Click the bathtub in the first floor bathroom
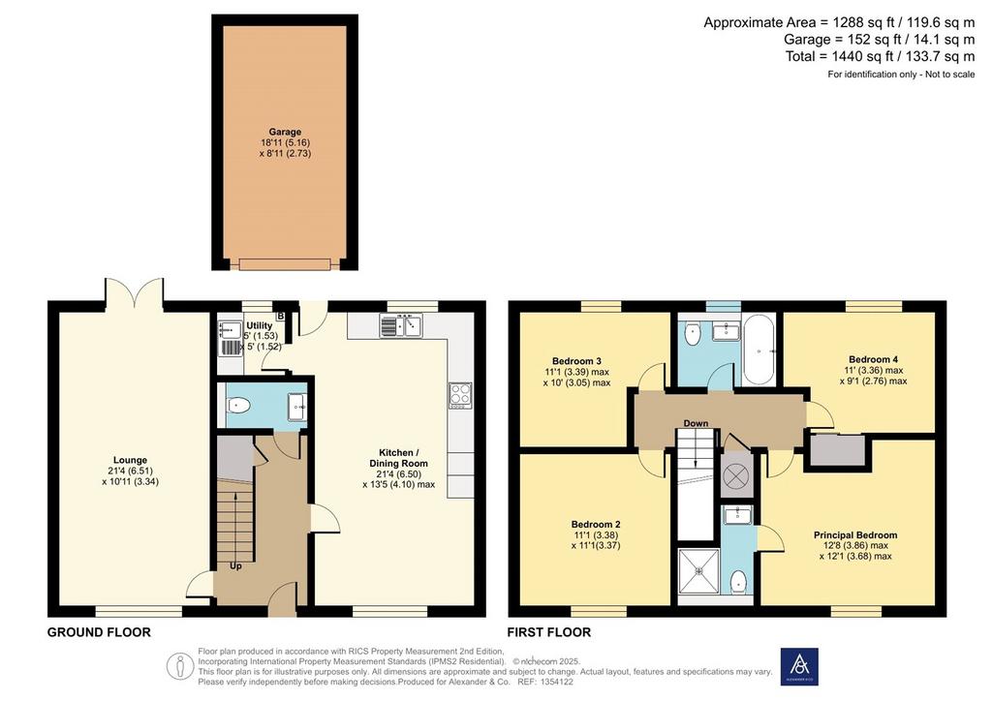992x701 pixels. pos(759,350)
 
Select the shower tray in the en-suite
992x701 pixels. pos(699,571)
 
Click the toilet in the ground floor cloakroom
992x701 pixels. pos(236,405)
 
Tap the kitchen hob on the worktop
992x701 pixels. pos(460,395)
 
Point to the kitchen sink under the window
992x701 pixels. pos(401,326)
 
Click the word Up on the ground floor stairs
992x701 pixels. pos(235,566)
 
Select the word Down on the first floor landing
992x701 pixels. pos(696,423)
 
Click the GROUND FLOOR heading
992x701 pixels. pos(100,632)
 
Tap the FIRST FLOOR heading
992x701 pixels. pos(549,632)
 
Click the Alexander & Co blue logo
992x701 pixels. pos(799,666)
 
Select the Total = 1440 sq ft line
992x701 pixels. pos(880,56)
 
